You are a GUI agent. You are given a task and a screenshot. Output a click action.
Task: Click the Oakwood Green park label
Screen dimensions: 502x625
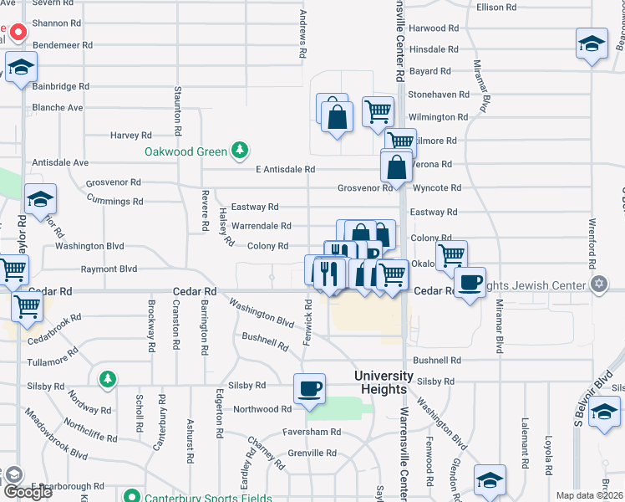click(185, 151)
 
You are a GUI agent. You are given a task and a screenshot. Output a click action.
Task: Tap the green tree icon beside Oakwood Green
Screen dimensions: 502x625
click(241, 151)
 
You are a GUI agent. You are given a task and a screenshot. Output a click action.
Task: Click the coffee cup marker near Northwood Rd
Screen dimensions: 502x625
click(309, 389)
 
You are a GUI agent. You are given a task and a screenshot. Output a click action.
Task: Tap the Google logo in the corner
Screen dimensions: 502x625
click(27, 492)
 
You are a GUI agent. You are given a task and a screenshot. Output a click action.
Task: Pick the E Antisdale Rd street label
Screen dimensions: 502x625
click(285, 169)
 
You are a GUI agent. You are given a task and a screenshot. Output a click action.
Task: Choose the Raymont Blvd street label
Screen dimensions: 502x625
click(109, 269)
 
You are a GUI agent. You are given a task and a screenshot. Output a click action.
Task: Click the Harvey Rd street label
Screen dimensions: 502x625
click(131, 135)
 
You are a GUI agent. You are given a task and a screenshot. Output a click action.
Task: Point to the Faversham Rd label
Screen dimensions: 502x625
click(312, 432)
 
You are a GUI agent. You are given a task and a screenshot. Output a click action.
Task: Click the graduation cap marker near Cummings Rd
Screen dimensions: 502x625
click(39, 200)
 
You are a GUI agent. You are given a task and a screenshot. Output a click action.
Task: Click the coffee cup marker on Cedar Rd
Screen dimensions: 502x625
click(470, 282)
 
